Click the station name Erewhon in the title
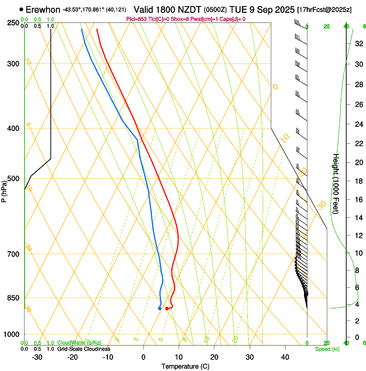coord(43,9)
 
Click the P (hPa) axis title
coord(4,190)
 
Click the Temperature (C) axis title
coord(185,366)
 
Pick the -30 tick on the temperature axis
coord(37,357)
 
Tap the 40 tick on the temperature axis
coord(285,357)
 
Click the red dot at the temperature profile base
coord(167,308)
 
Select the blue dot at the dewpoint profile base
coord(160,308)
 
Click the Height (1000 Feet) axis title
coord(336,183)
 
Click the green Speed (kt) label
coord(327,349)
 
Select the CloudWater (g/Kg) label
coord(79,343)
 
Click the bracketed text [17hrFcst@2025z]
coord(324,9)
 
